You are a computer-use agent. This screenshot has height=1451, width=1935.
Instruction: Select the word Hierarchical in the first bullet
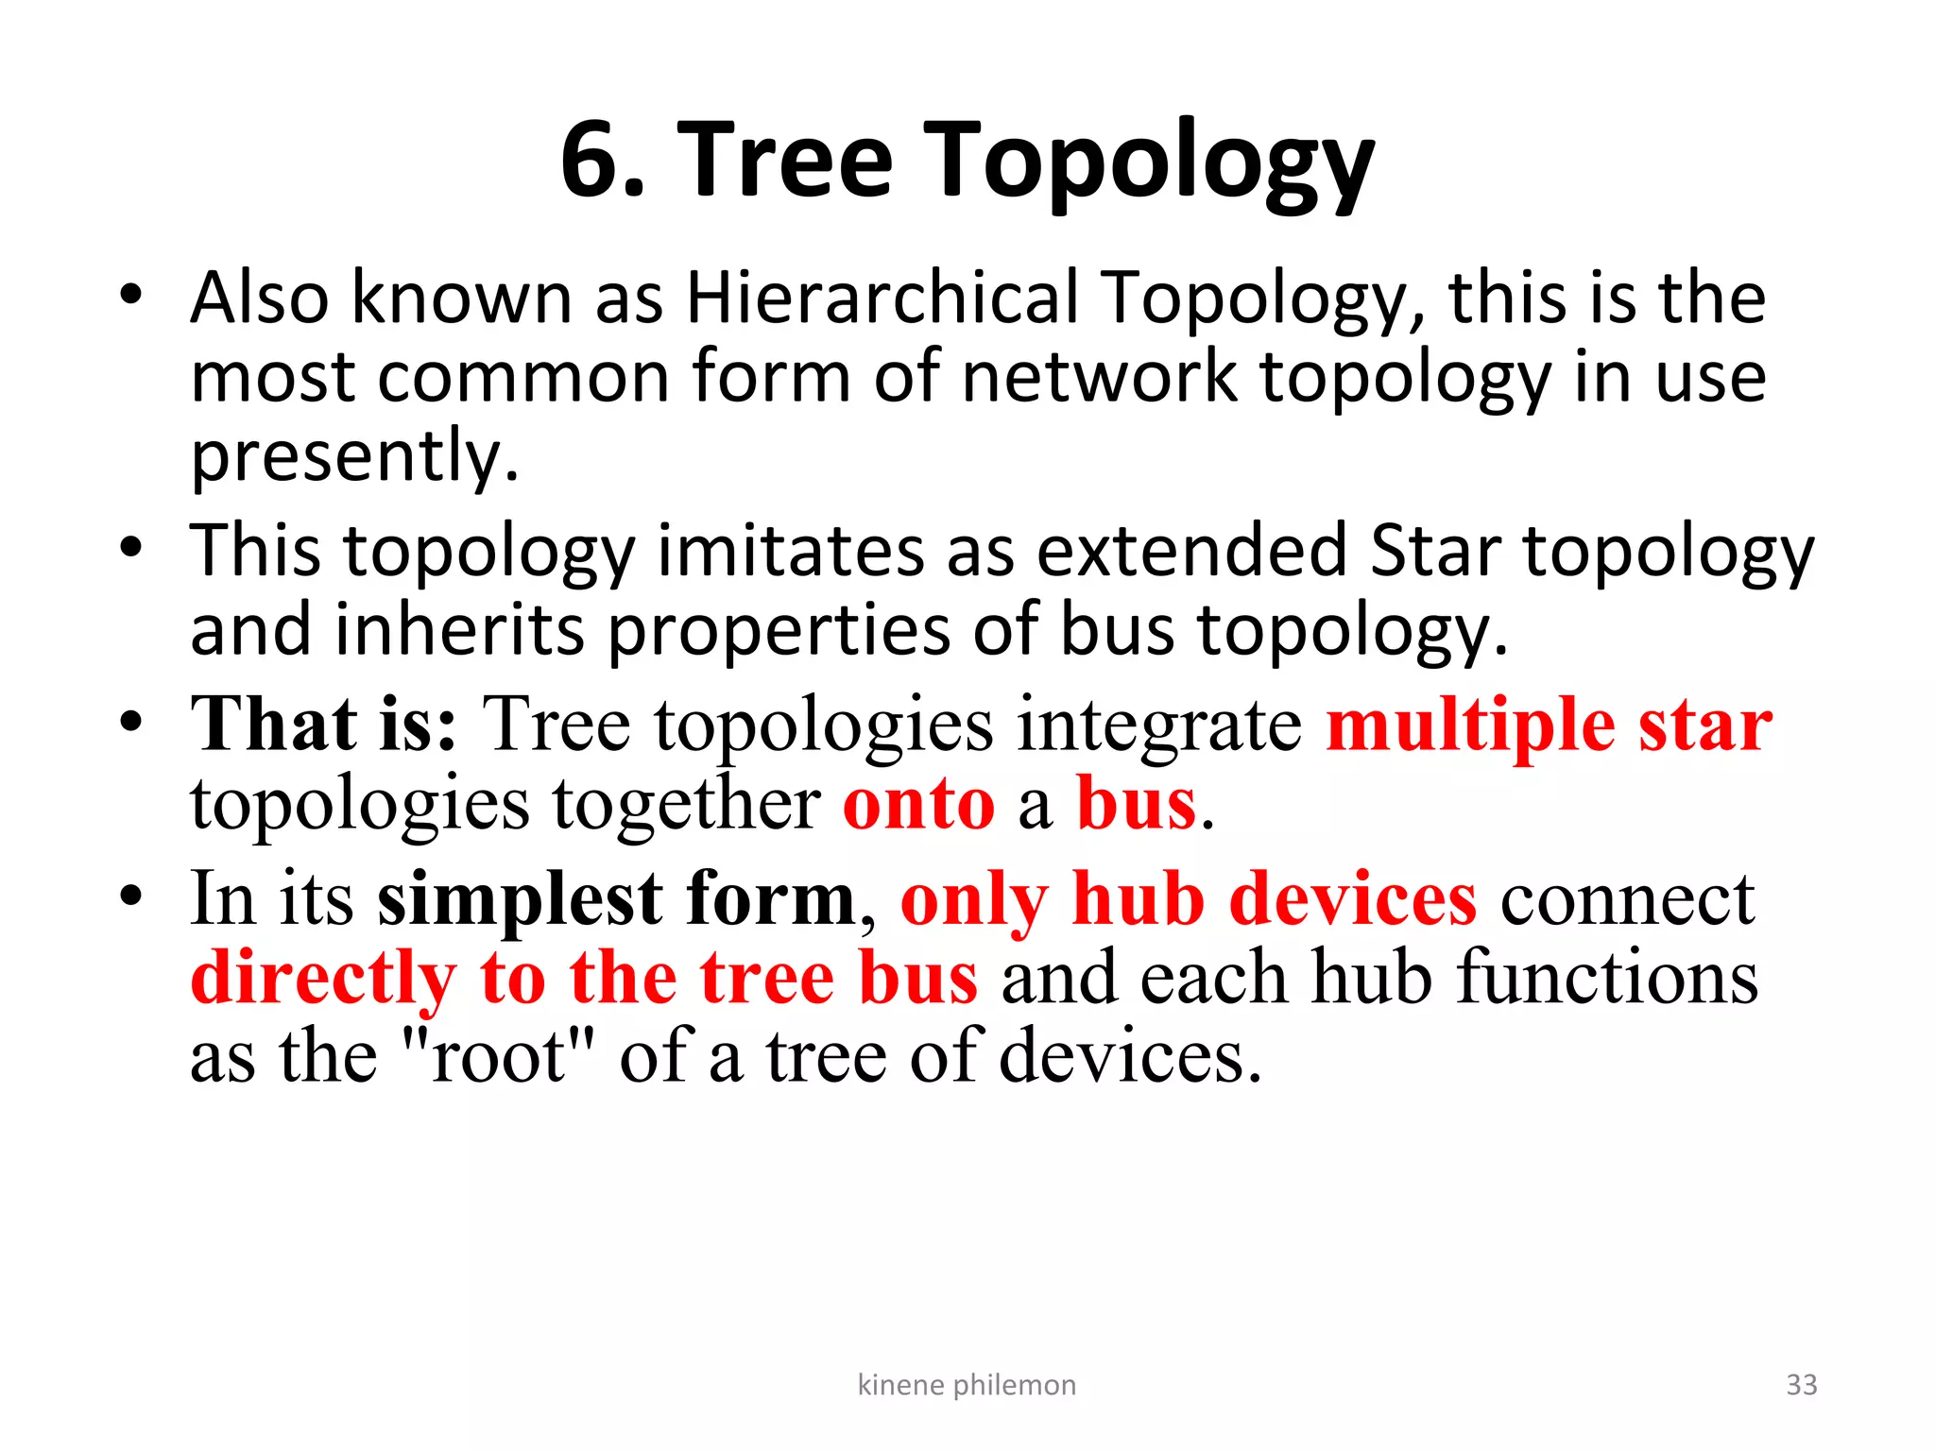(x=882, y=299)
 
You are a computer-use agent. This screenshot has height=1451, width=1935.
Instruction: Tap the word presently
(x=354, y=456)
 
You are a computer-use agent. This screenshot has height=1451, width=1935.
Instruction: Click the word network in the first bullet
(x=1099, y=377)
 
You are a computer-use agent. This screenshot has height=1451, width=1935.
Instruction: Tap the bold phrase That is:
(x=324, y=725)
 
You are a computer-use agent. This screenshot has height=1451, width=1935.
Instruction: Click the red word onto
(x=918, y=804)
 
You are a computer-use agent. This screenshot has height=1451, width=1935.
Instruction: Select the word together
(x=686, y=804)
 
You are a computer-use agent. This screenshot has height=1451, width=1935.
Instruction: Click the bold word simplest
(x=521, y=899)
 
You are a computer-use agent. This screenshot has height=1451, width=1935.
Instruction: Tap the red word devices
(x=1352, y=898)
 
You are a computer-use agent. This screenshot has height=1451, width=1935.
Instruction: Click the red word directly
(x=323, y=979)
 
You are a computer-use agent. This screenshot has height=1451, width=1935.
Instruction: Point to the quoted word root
(x=497, y=1057)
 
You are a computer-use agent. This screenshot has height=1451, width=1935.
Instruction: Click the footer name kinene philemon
(x=966, y=1385)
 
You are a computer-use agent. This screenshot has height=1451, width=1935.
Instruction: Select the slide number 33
(x=1801, y=1385)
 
